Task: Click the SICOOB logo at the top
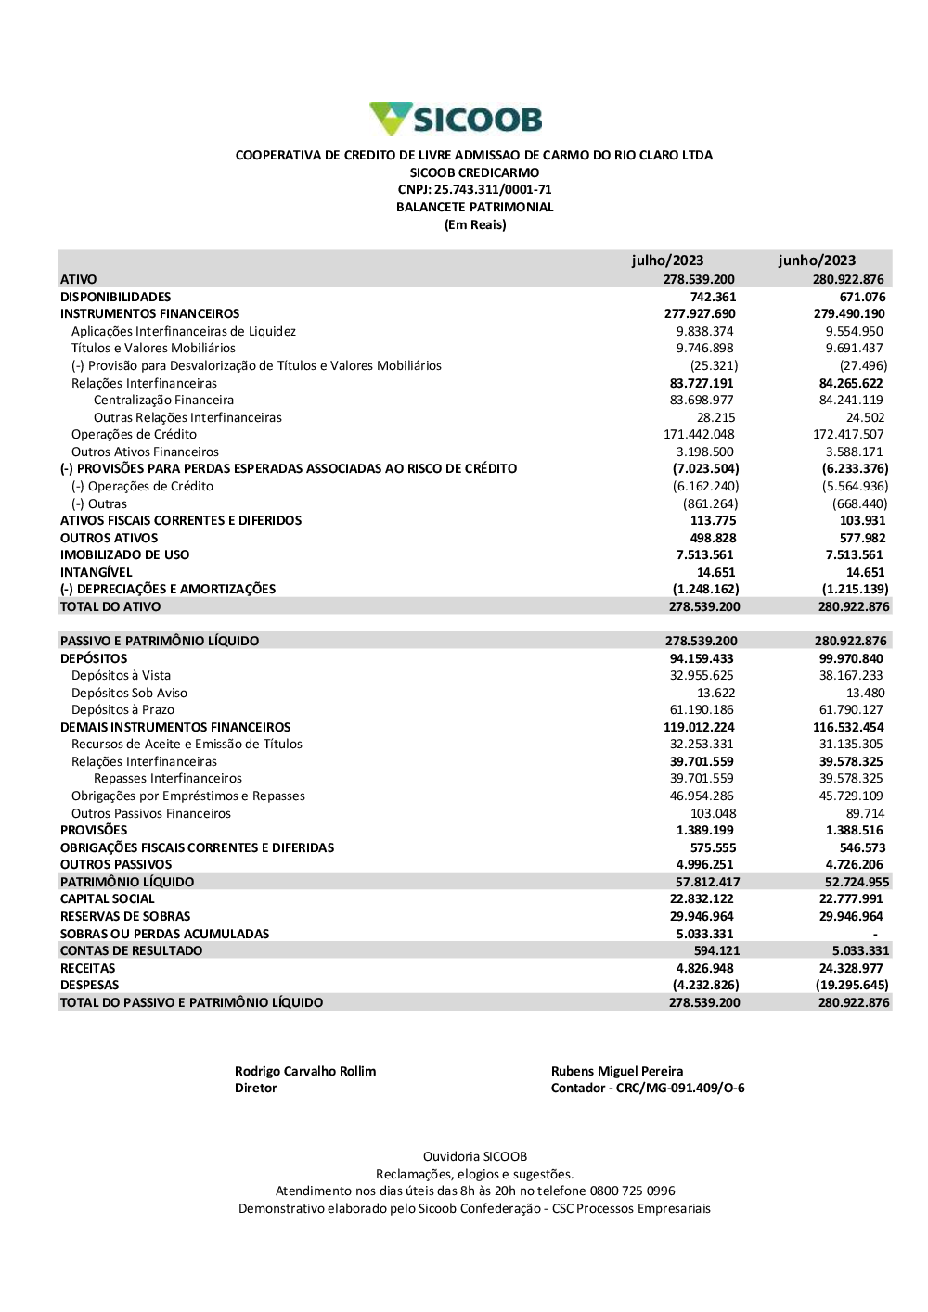coord(456,120)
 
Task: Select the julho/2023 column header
coord(667,261)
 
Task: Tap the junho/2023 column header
coord(817,261)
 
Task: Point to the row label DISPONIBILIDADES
coord(115,297)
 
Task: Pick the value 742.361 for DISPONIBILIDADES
coord(713,297)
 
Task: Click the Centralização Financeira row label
coord(163,401)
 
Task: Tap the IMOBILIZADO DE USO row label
coord(124,555)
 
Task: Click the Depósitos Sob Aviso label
coord(129,694)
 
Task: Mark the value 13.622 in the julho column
coord(715,694)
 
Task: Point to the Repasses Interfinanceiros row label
coord(167,779)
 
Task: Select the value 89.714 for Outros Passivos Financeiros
coord(865,814)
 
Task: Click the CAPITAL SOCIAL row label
coord(107,899)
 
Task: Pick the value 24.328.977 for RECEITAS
coord(851,969)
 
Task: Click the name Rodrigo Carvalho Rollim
coord(305,1072)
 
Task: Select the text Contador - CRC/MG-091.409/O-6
coord(648,1089)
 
